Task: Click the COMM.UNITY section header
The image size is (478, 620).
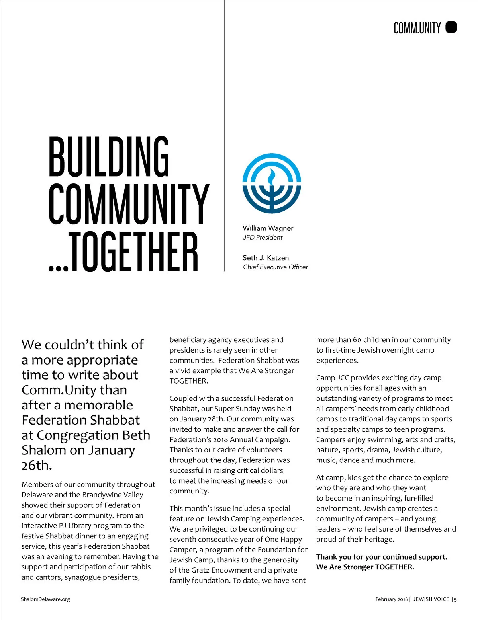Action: (x=417, y=28)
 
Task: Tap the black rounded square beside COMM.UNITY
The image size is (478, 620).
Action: (x=451, y=27)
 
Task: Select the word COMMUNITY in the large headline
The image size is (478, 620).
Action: (x=129, y=204)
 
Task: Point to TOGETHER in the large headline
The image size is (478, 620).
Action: (x=133, y=252)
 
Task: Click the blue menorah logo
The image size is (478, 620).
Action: (x=272, y=183)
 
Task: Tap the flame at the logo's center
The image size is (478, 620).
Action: (x=272, y=176)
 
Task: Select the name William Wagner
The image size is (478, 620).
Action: (x=268, y=228)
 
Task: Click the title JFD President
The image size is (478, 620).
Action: (x=263, y=238)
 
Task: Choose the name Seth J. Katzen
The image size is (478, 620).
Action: (x=266, y=258)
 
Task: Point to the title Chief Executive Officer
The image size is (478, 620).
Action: (x=275, y=267)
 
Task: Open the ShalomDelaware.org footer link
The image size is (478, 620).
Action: (x=45, y=599)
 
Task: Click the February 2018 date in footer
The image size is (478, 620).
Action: (x=392, y=599)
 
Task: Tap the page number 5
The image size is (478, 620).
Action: (x=455, y=599)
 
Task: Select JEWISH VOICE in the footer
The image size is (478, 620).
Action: (x=431, y=599)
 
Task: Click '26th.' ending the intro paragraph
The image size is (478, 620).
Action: (x=37, y=465)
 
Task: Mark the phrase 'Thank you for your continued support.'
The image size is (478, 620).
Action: (x=382, y=557)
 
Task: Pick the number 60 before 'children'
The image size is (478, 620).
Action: (x=357, y=340)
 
